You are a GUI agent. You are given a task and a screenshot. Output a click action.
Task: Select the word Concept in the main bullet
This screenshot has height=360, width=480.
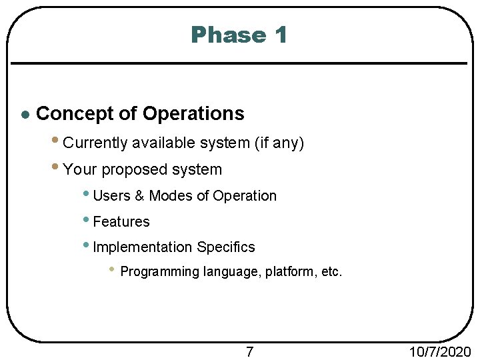75,114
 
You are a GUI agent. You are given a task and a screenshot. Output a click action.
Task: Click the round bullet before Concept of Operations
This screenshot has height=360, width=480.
24,115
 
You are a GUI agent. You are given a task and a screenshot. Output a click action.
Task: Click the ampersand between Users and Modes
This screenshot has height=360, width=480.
139,196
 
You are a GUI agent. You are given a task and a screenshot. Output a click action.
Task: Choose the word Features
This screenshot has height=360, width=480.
121,222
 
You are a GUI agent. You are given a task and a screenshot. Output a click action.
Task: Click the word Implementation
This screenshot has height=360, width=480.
142,247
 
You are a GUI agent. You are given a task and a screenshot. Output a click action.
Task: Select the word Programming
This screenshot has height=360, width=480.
159,272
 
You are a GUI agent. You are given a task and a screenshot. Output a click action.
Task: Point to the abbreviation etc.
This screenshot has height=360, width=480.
331,272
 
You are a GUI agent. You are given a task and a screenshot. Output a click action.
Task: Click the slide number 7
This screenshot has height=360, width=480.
249,351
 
